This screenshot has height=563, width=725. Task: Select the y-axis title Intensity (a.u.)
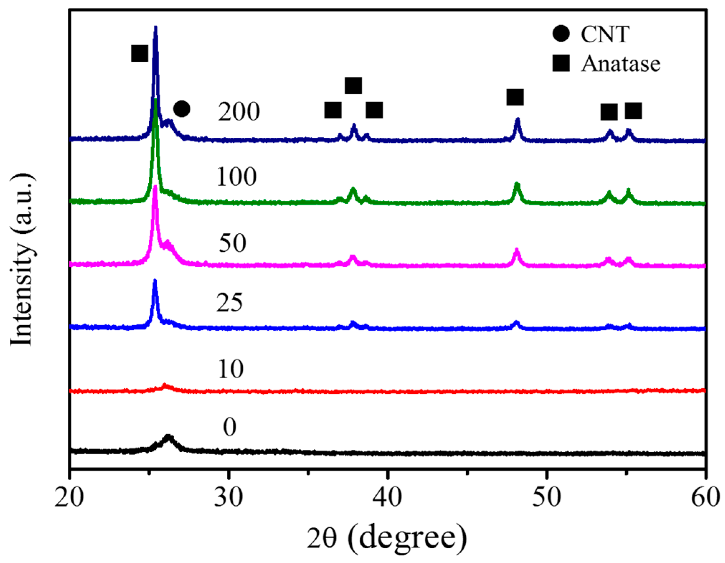click(x=22, y=260)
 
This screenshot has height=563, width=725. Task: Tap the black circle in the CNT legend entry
click(x=561, y=34)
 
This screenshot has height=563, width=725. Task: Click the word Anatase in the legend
click(x=621, y=64)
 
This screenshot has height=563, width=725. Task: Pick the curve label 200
click(x=239, y=112)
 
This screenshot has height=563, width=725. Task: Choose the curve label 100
click(x=237, y=176)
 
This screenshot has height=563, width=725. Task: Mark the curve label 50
click(x=232, y=243)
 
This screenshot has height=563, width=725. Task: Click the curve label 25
click(x=229, y=303)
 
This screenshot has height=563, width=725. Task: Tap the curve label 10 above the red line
click(x=231, y=369)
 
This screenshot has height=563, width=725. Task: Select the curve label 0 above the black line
click(x=229, y=427)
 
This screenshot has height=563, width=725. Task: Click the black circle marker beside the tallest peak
click(x=182, y=109)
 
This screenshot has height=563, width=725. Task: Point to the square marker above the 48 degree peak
click(x=515, y=97)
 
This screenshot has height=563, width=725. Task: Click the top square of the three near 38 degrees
click(x=353, y=85)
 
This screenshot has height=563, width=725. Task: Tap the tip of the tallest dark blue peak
click(x=155, y=27)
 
